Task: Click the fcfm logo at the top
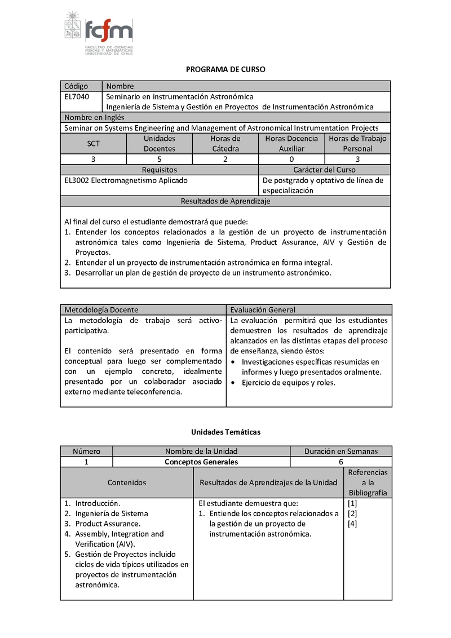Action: pyautogui.click(x=99, y=33)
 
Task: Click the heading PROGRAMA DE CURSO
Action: pyautogui.click(x=225, y=69)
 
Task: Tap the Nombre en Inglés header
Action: pyautogui.click(x=94, y=118)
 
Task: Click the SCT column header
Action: pyautogui.click(x=94, y=144)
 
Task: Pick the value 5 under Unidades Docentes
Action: pyautogui.click(x=160, y=159)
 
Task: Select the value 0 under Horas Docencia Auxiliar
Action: pyautogui.click(x=291, y=159)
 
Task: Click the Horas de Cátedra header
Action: pyautogui.click(x=225, y=144)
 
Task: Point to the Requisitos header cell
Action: pyautogui.click(x=160, y=170)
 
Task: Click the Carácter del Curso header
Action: pyautogui.click(x=325, y=170)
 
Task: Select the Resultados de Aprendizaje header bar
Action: pyautogui.click(x=225, y=201)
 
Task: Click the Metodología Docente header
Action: pyautogui.click(x=101, y=310)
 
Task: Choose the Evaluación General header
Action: pyautogui.click(x=263, y=310)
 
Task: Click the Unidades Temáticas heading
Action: pyautogui.click(x=225, y=432)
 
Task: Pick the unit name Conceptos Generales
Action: pyautogui.click(x=201, y=462)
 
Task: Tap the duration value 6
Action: pyautogui.click(x=341, y=462)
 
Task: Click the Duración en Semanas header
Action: pyautogui.click(x=341, y=451)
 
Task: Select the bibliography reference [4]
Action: pyautogui.click(x=352, y=524)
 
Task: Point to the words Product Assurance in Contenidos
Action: pyautogui.click(x=107, y=524)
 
